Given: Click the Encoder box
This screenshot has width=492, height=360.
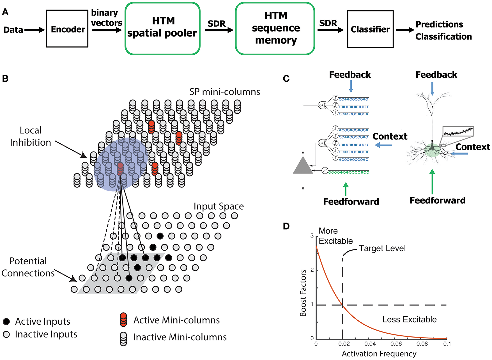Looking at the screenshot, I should pyautogui.click(x=67, y=29).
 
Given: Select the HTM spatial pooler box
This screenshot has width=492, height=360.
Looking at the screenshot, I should pyautogui.click(x=162, y=28).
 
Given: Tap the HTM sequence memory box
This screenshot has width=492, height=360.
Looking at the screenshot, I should pyautogui.click(x=275, y=28).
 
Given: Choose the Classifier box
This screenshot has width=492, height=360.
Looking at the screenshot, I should pyautogui.click(x=370, y=29).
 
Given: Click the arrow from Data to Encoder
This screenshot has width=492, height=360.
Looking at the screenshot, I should pyautogui.click(x=35, y=30).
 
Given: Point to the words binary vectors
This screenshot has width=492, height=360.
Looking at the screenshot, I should pyautogui.click(x=107, y=18).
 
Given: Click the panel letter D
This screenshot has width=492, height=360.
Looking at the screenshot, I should pyautogui.click(x=286, y=226).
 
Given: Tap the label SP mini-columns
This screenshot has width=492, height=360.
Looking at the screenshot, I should pyautogui.click(x=225, y=92).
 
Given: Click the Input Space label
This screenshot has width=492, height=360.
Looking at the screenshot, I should pyautogui.click(x=219, y=206).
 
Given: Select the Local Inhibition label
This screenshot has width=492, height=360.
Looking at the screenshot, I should pyautogui.click(x=30, y=136).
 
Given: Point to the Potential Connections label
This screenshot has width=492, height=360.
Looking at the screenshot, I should pyautogui.click(x=28, y=267).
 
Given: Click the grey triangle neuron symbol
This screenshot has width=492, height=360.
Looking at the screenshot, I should pyautogui.click(x=303, y=166).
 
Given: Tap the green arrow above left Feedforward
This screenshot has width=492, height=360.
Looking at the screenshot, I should pyautogui.click(x=346, y=189).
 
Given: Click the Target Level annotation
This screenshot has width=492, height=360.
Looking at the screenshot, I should pyautogui.click(x=382, y=248).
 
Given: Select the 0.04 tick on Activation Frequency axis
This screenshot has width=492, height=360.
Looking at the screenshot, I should pyautogui.click(x=370, y=344).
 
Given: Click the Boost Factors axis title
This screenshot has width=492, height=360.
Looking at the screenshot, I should pyautogui.click(x=303, y=293).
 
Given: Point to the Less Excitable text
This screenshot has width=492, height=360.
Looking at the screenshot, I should pyautogui.click(x=410, y=319).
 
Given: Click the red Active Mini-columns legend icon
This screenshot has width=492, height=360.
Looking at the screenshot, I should pyautogui.click(x=123, y=320).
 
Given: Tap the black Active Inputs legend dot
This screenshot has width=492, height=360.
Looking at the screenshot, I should pyautogui.click(x=6, y=322).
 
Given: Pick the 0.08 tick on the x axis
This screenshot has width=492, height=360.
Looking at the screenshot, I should pyautogui.click(x=422, y=344).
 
